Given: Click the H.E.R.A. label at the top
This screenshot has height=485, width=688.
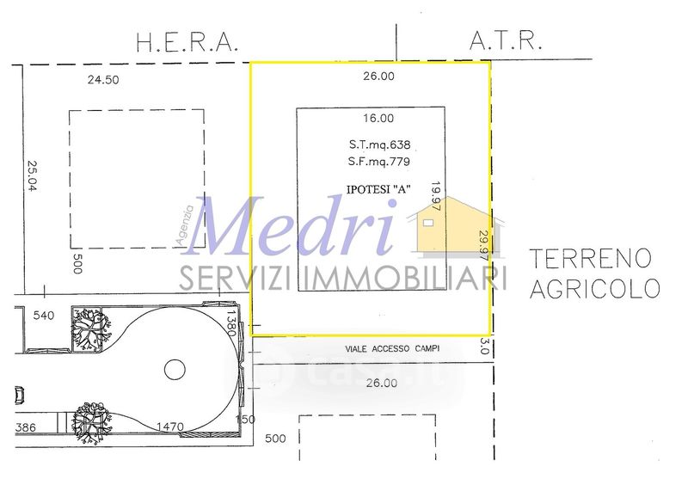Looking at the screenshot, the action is tap(187, 43).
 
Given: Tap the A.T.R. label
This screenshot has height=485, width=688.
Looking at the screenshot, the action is tap(506, 40).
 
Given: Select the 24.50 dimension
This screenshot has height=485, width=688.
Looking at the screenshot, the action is tap(103, 80).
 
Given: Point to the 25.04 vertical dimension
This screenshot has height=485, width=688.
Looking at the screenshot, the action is tap(33, 175).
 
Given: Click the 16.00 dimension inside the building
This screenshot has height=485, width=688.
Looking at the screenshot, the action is tap(378, 118).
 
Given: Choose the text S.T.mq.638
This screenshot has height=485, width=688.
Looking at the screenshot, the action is tap(379, 144).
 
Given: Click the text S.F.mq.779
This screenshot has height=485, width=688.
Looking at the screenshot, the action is tap(379, 162).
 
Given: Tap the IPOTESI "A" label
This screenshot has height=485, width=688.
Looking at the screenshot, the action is tap(378, 189).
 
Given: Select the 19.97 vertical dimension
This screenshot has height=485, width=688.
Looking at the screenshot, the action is tap(436, 196).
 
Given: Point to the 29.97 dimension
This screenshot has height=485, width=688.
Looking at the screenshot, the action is tap(484, 246).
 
